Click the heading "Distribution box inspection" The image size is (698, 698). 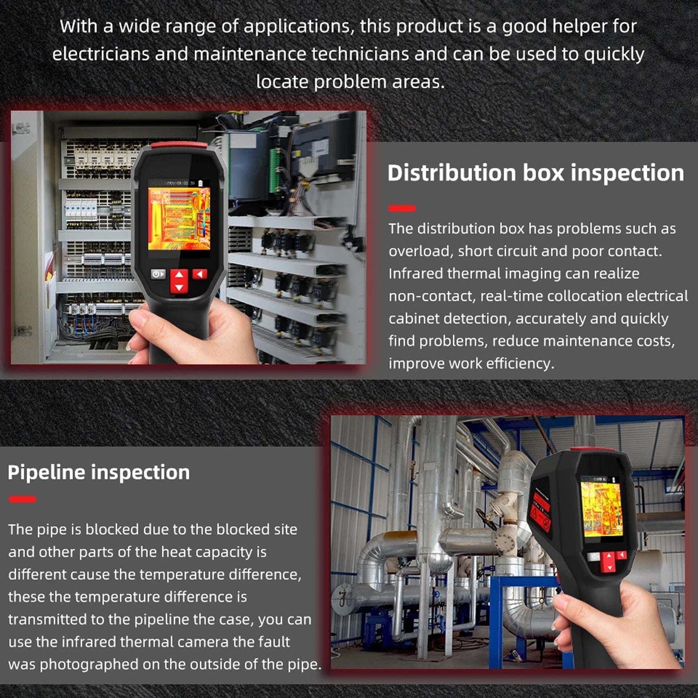(x=536, y=173)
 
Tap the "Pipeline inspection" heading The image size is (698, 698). (x=99, y=473)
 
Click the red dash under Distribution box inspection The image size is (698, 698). (x=402, y=208)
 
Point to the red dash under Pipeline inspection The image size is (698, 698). (x=22, y=499)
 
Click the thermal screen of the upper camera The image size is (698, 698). (x=179, y=219)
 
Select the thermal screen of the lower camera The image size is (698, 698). (x=601, y=510)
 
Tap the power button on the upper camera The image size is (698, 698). (x=158, y=274)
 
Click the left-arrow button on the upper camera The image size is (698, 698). (x=200, y=274)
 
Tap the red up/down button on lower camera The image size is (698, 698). (x=609, y=562)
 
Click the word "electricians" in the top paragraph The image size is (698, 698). (x=101, y=54)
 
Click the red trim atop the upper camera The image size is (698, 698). (x=179, y=145)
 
